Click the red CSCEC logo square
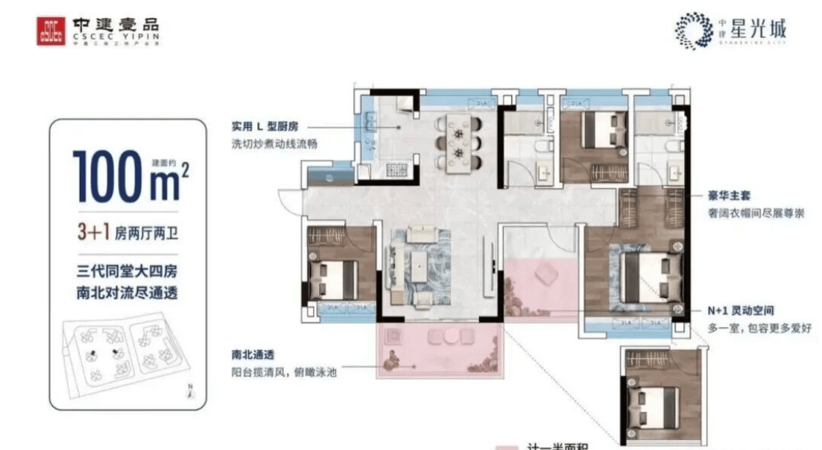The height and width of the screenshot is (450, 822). [x=51, y=31]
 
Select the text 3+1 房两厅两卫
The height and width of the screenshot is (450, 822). [x=127, y=232]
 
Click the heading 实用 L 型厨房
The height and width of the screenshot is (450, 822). [x=268, y=128]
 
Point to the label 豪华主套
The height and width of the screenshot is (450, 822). [x=729, y=196]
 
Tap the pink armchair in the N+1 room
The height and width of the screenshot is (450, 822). [x=548, y=274]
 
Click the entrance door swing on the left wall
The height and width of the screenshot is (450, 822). [x=288, y=201]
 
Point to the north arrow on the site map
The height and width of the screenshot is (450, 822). [x=191, y=390]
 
